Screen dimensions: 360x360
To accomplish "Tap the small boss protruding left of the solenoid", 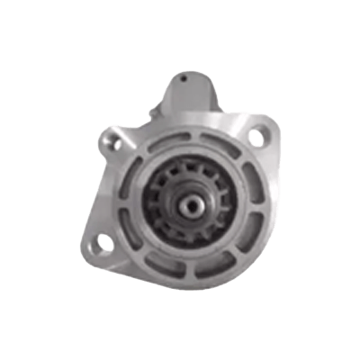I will tap(155, 109).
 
